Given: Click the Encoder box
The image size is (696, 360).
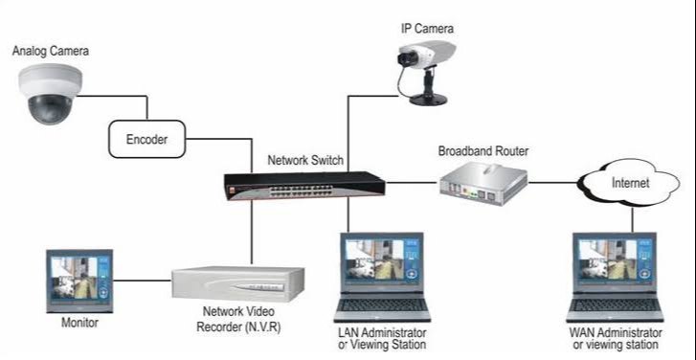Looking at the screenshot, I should pyautogui.click(x=147, y=140).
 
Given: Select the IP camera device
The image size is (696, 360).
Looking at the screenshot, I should pyautogui.click(x=423, y=72).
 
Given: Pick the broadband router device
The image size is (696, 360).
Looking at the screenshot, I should pyautogui.click(x=484, y=181).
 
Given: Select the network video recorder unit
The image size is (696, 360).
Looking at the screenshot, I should pyautogui.click(x=238, y=282).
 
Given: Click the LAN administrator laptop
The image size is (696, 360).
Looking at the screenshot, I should pyautogui.click(x=380, y=277).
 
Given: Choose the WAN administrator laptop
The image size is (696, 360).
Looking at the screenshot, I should pyautogui.click(x=615, y=277).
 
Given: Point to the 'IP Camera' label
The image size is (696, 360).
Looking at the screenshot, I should pyautogui.click(x=426, y=29).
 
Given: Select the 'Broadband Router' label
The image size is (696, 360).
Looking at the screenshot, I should pyautogui.click(x=483, y=151).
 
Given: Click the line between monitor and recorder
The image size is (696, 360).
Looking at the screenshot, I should pyautogui.click(x=143, y=281).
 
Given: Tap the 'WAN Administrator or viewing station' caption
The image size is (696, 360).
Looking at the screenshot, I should pyautogui.click(x=614, y=338).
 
